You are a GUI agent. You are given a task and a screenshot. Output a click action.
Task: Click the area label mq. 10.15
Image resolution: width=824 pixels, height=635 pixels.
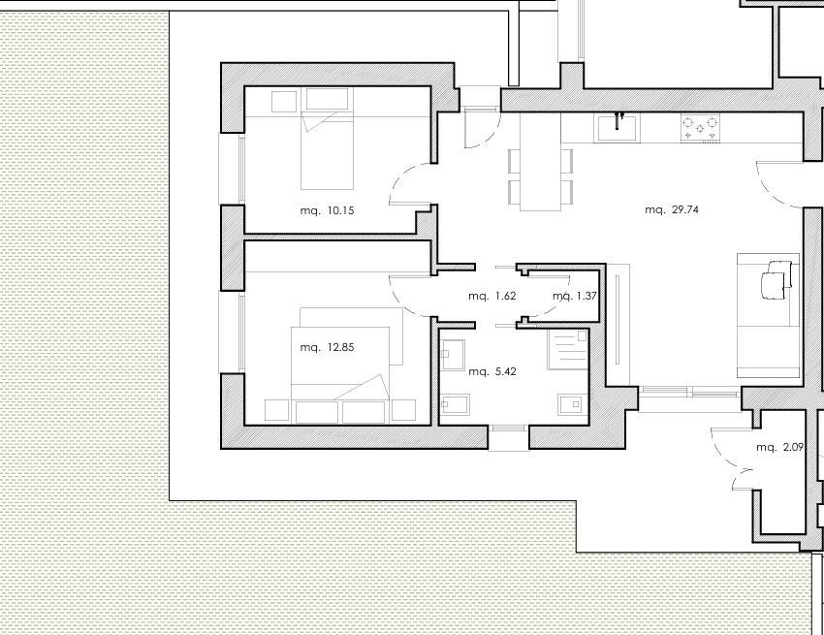tap(327, 210)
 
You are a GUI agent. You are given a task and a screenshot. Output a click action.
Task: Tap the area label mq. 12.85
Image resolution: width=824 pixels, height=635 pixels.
tap(327, 347)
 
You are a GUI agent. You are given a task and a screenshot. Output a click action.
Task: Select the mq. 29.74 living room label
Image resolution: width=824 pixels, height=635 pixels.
tap(672, 209)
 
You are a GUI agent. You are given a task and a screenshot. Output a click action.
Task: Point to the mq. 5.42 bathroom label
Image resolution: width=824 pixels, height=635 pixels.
tap(492, 371)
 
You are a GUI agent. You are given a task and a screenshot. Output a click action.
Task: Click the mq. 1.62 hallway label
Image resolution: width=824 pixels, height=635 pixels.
tap(492, 296)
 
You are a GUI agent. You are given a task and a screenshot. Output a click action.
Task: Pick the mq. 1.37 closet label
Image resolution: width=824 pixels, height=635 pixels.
tap(575, 296)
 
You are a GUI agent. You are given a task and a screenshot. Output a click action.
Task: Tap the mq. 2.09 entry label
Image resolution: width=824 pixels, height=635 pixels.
tap(779, 447)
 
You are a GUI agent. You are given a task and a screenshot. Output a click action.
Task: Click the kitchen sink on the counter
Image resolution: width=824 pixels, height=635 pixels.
tap(618, 128)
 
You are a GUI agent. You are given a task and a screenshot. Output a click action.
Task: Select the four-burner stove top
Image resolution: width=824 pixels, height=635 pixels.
tap(701, 128)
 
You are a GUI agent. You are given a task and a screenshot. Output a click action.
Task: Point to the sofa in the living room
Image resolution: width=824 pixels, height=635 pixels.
tap(769, 315)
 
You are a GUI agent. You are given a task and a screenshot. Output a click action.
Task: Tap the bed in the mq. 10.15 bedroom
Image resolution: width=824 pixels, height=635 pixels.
tap(327, 139)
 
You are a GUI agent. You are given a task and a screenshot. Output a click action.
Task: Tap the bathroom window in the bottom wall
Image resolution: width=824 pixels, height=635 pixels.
tap(508, 428)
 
